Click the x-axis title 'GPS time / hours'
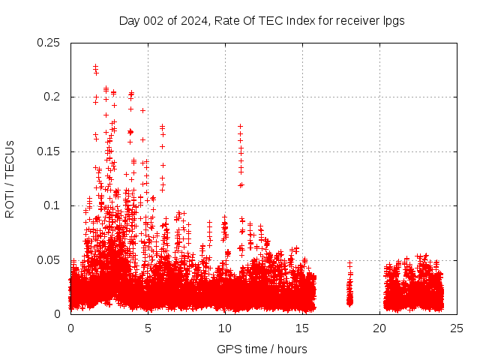click(262, 349)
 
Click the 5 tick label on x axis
click(148, 328)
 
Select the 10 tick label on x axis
click(225, 328)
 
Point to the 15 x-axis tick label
click(302, 328)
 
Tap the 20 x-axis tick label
click(379, 328)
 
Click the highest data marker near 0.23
click(95, 67)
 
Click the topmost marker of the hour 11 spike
click(240, 127)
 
